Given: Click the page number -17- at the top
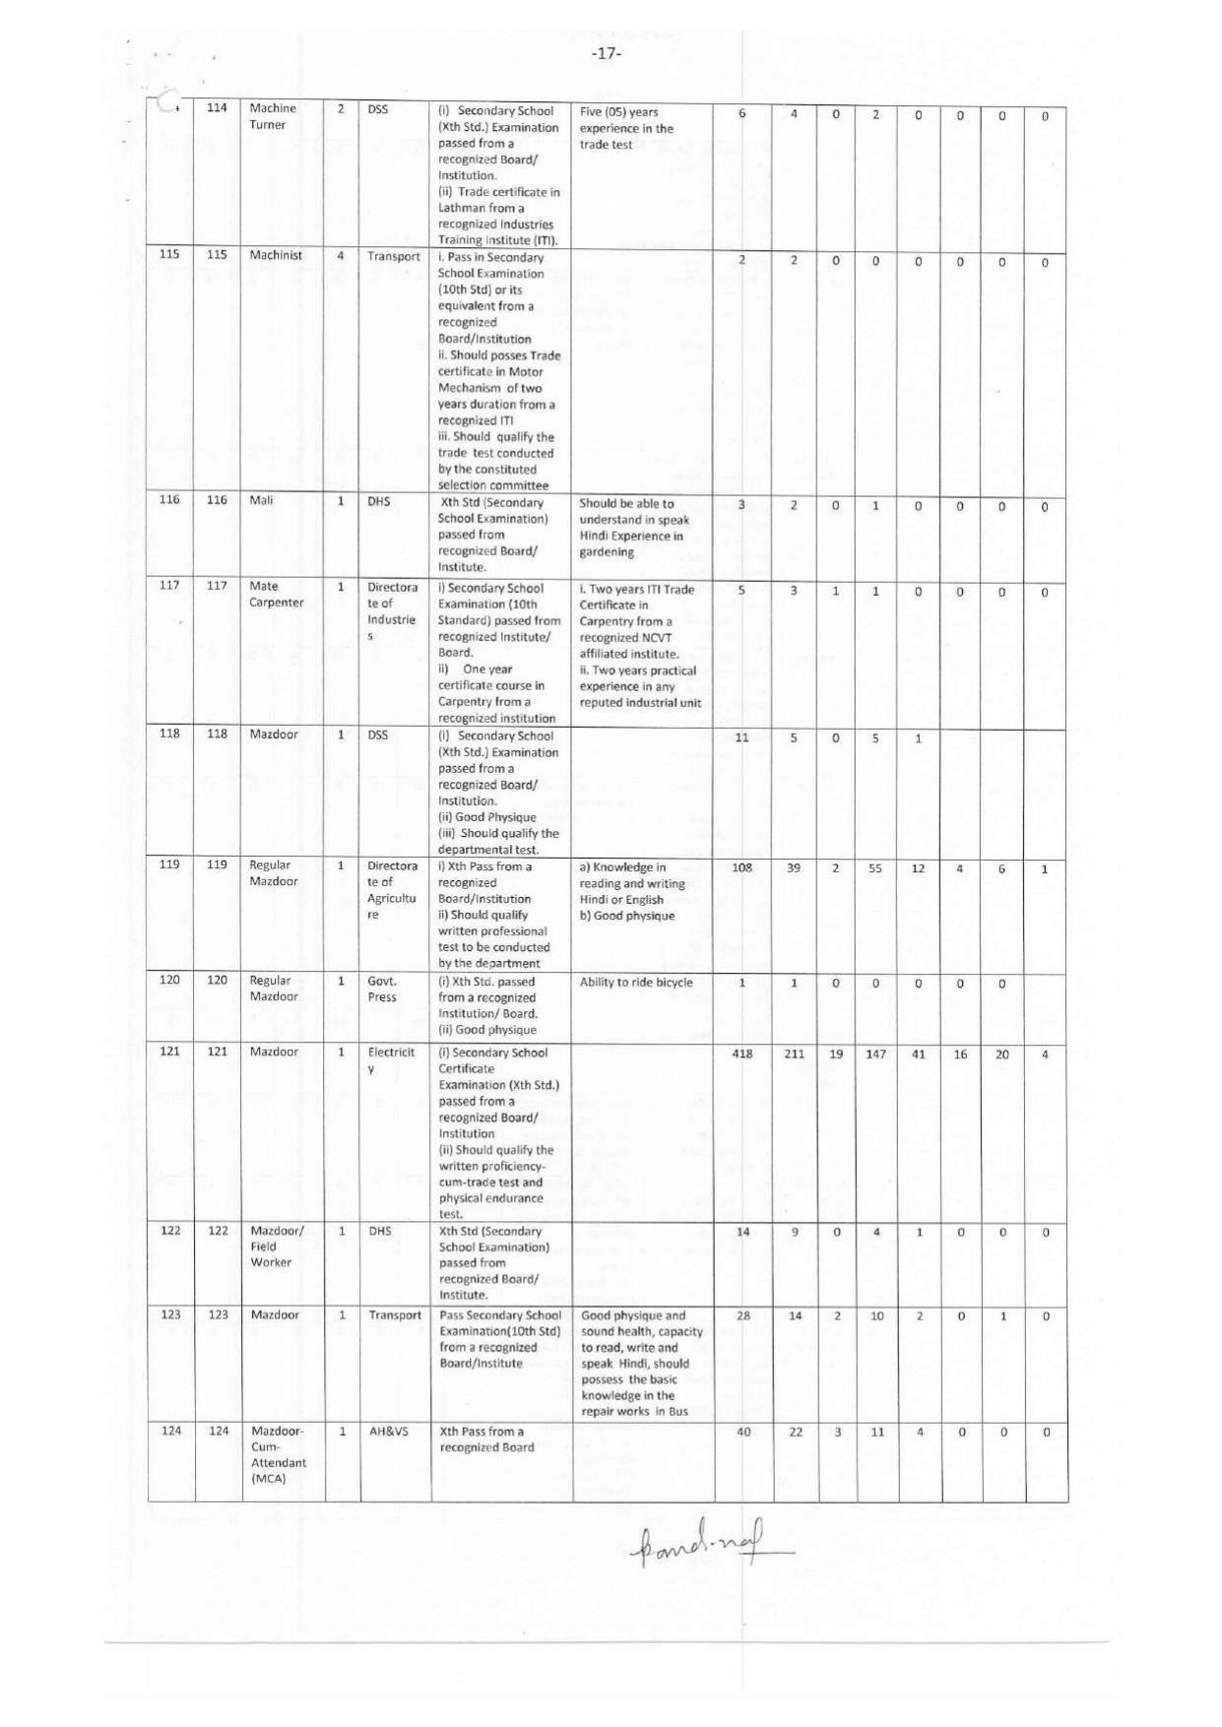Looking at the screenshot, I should tap(607, 53).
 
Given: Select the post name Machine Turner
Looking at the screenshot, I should tap(272, 116).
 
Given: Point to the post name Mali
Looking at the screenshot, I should tap(261, 500).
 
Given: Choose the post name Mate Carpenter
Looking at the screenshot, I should tap(276, 594).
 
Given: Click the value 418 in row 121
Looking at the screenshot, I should tap(742, 1054).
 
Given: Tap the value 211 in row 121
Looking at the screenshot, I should tap(794, 1054).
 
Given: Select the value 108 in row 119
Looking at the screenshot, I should tap(741, 867).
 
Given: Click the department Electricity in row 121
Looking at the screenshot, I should tap(391, 1059).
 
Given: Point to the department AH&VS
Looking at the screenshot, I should tap(389, 1431).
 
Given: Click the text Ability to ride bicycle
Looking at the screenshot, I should tap(636, 982).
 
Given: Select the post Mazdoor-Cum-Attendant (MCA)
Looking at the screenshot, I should tap(278, 1454).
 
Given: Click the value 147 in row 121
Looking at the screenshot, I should tap(875, 1054).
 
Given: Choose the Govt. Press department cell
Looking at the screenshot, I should tap(382, 989).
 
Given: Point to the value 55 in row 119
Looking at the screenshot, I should tap(874, 868).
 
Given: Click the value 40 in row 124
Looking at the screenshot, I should tap(743, 1432).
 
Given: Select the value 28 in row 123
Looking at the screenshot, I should tap(743, 1315).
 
